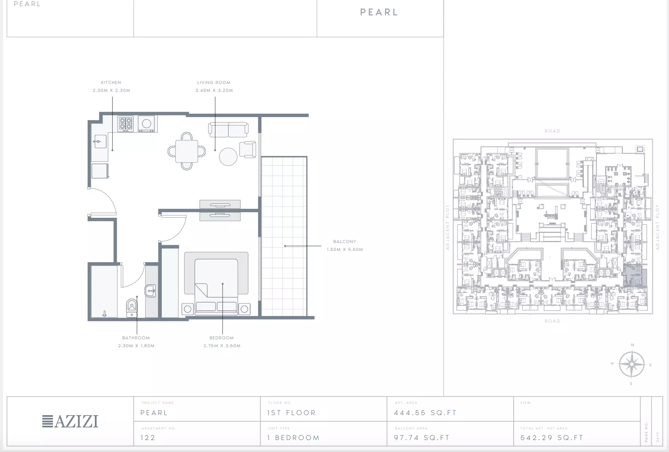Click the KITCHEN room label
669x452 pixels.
coord(111,83)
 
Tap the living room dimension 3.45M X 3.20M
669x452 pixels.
coord(214,90)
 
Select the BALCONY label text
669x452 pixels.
coord(345,242)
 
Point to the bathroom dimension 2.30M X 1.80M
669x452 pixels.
coord(136,346)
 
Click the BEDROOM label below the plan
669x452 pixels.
coord(222,338)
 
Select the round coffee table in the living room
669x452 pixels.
coord(228,157)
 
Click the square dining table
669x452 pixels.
coord(187,151)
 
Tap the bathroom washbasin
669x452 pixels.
coord(150,291)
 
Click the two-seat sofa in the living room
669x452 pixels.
coord(228,130)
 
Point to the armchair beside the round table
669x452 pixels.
coord(248,150)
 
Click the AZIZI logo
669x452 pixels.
coord(70,421)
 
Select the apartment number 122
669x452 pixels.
coord(148,438)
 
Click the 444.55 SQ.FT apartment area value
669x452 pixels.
coord(425,413)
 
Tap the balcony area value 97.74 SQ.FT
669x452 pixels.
coord(422,438)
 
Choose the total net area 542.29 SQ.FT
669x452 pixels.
coord(552,438)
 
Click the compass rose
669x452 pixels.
coord(632,365)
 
